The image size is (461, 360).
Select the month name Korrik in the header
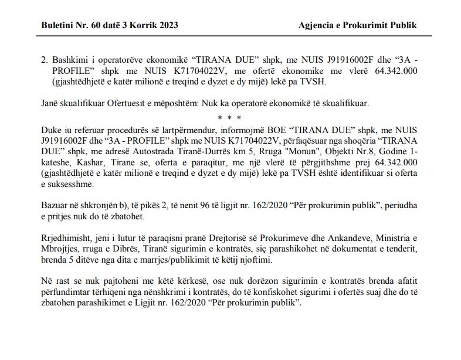pos(138,25)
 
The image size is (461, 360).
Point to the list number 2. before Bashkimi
pos(45,60)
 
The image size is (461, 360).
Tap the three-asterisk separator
pos(230,118)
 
